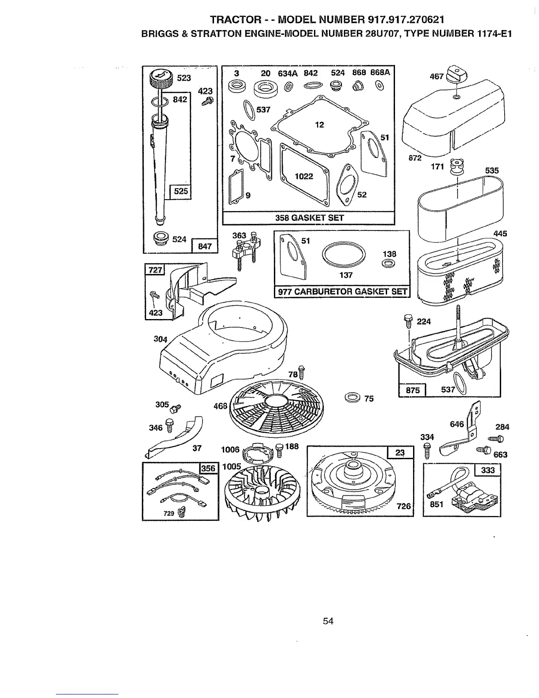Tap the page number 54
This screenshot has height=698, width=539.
(x=328, y=621)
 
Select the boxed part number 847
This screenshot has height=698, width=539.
(x=205, y=246)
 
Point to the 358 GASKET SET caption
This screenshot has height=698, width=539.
(x=308, y=218)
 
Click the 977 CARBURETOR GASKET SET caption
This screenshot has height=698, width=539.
(x=342, y=292)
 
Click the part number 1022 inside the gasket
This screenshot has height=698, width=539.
(x=304, y=177)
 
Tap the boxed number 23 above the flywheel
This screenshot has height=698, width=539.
(x=400, y=453)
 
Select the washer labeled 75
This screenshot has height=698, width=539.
(x=353, y=397)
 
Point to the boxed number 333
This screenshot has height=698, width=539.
(x=488, y=470)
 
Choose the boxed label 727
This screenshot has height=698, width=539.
(x=155, y=270)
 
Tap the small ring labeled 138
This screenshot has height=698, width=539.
(x=388, y=264)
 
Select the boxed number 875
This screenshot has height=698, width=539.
(x=412, y=390)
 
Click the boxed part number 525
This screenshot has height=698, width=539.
(x=181, y=191)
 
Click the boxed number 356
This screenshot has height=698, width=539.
(x=208, y=468)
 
